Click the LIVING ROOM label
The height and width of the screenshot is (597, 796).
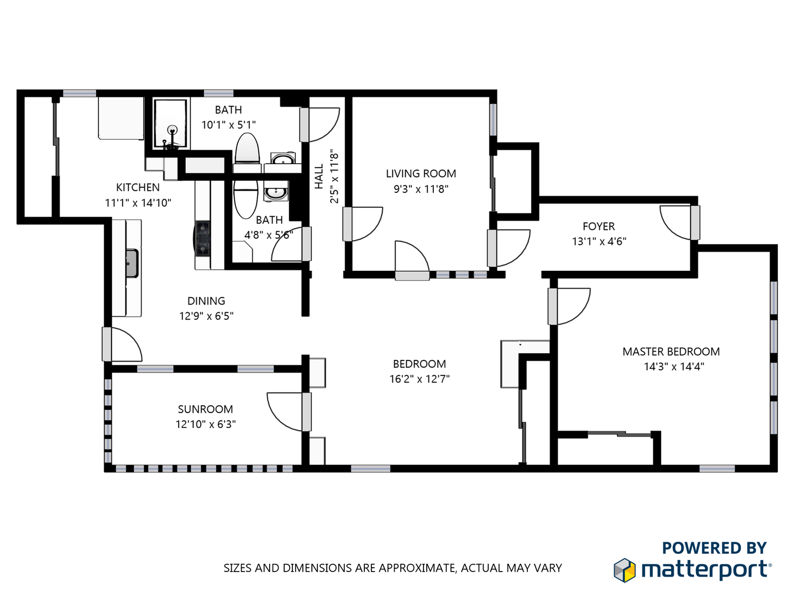[421, 174]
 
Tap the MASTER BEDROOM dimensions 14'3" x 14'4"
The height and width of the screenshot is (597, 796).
[674, 366]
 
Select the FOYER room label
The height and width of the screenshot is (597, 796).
[599, 226]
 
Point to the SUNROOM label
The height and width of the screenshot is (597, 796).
[205, 409]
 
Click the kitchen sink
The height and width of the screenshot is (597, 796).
[132, 263]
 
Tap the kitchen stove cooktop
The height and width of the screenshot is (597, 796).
[203, 238]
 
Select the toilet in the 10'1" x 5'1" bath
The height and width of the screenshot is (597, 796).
[247, 149]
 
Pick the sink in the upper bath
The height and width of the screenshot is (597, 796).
[283, 160]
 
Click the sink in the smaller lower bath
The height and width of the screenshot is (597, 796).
[275, 193]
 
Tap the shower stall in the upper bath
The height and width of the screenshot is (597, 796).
[170, 124]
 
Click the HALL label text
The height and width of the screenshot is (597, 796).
[319, 176]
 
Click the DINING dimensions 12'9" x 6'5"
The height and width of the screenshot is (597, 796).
[206, 316]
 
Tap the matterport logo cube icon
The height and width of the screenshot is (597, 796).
[625, 570]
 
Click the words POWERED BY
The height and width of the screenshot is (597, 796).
[714, 548]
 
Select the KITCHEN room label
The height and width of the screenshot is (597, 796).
[138, 187]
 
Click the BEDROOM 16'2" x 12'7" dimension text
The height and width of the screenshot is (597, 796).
[420, 379]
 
